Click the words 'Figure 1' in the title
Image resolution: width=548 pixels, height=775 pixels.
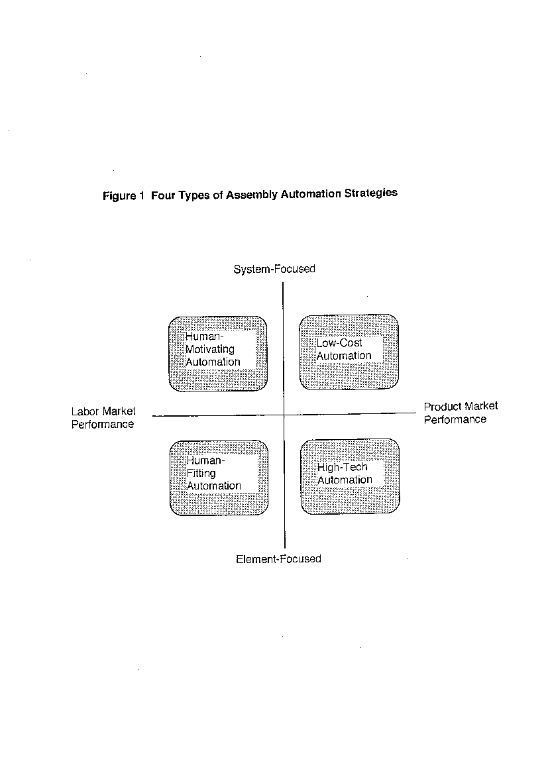[x=123, y=195]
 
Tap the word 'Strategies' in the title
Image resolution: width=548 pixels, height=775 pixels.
[x=371, y=193]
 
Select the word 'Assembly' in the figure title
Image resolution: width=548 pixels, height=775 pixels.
[x=252, y=195]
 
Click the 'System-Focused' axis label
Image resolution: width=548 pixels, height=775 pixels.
[x=274, y=269]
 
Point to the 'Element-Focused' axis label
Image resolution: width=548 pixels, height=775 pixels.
[x=278, y=559]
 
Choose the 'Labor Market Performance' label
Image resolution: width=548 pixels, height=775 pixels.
[x=103, y=418]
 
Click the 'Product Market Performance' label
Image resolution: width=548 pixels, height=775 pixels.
[x=461, y=413]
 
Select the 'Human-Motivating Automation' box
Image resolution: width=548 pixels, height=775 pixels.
[x=218, y=354]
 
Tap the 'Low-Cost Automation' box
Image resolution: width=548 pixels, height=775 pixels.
[x=349, y=352]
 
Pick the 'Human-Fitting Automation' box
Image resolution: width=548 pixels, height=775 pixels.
[x=219, y=478]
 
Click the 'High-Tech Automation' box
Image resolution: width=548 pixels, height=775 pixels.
[x=350, y=476]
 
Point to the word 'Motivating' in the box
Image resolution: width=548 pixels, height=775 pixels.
[x=209, y=350]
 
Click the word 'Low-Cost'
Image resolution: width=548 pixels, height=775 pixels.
[x=339, y=343]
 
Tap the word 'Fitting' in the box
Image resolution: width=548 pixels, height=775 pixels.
[x=201, y=474]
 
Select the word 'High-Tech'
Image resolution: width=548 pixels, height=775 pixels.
[x=343, y=468]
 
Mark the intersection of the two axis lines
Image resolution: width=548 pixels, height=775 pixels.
[x=284, y=415]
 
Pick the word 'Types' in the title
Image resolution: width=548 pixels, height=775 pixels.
[x=194, y=195]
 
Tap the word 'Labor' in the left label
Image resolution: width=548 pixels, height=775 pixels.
[x=85, y=411]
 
